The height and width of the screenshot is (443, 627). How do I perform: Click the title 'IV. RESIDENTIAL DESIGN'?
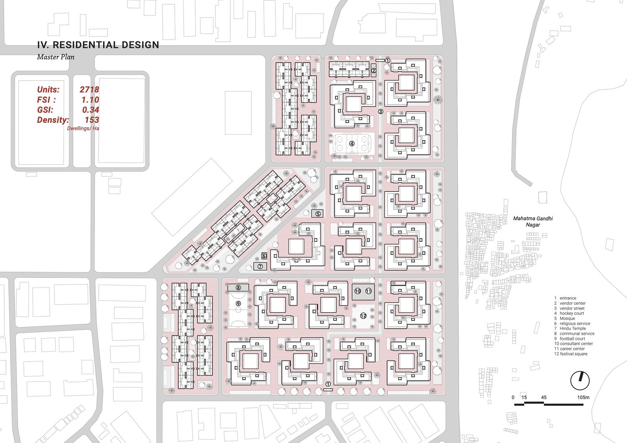98,45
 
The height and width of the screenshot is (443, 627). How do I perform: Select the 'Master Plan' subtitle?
56,57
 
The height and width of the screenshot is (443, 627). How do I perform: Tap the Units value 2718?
89,89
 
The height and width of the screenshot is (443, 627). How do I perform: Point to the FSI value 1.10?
90,99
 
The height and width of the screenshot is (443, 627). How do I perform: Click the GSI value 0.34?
90,109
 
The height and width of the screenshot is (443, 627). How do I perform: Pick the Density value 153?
92,120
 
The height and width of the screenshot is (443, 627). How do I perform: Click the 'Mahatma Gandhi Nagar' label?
533,221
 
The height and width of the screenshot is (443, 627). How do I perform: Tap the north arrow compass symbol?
580,381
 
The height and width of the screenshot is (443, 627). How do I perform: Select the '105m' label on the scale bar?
583,397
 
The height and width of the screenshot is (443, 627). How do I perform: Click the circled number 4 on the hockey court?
352,144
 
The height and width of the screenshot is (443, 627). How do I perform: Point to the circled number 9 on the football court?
238,304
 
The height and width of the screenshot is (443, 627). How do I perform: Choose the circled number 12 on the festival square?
363,316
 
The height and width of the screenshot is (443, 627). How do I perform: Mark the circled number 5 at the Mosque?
318,214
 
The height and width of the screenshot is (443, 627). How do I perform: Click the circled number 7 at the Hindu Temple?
260,266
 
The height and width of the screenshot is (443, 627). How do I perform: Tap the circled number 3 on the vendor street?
380,112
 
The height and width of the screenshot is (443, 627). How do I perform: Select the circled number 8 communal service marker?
238,288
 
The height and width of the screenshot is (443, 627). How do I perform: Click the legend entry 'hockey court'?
571,313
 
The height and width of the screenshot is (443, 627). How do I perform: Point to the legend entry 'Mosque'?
567,318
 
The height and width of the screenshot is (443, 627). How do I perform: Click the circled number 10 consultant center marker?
358,291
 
